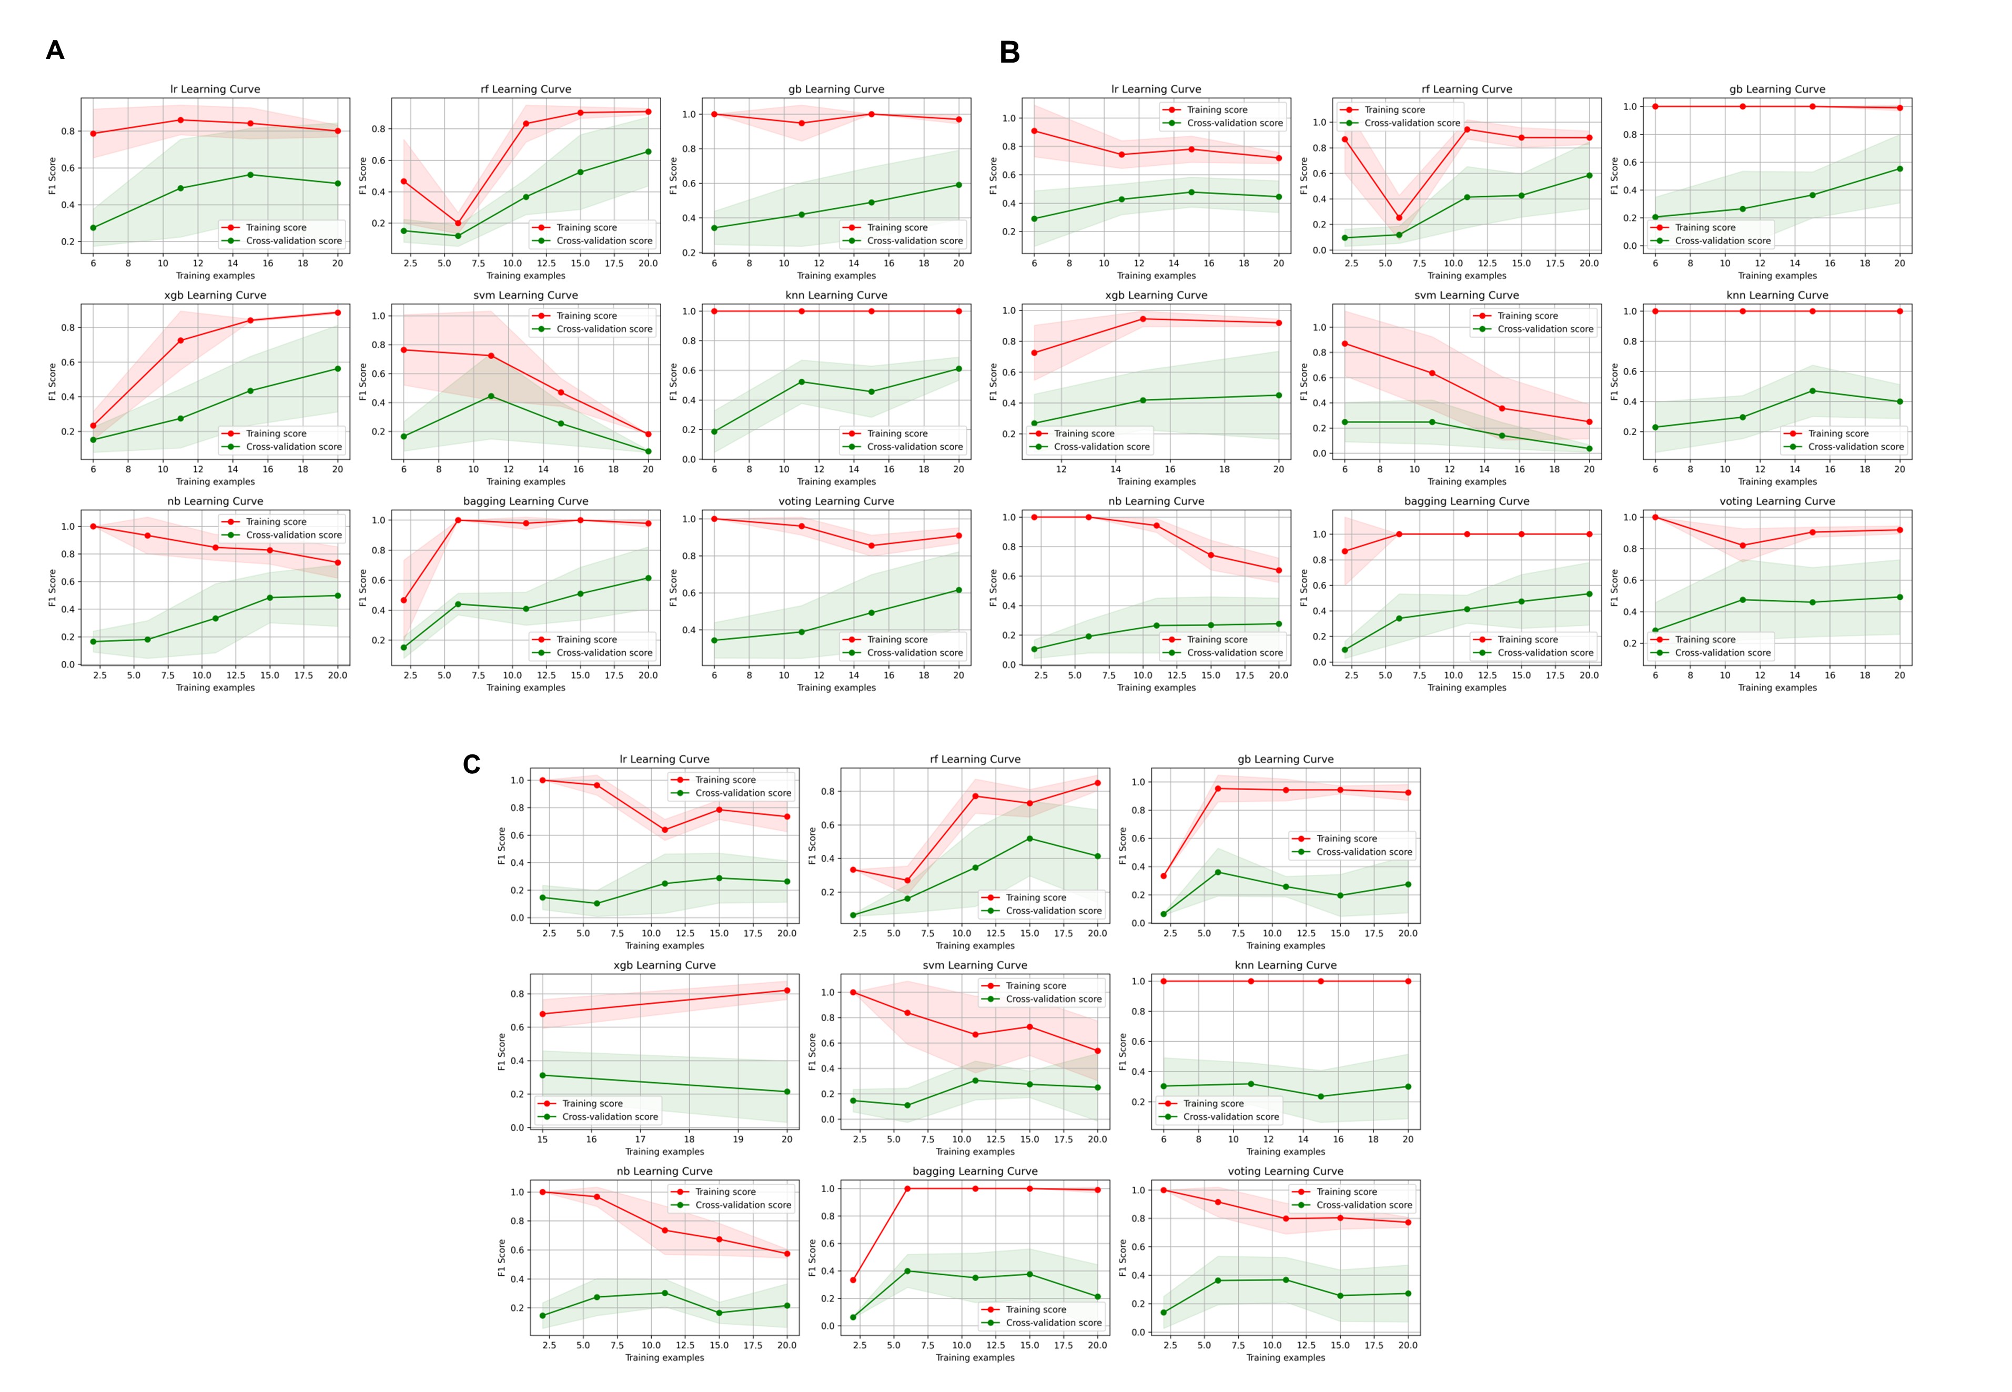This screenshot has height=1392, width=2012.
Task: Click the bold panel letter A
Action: (x=55, y=51)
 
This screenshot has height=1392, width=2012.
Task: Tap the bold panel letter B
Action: (x=1009, y=52)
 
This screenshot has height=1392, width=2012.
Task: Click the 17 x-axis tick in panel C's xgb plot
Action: (x=640, y=1139)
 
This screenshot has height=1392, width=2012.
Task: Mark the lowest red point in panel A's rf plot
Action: (x=458, y=223)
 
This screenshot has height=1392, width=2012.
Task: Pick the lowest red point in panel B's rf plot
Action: (x=1399, y=218)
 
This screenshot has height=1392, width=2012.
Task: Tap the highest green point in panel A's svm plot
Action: (x=491, y=396)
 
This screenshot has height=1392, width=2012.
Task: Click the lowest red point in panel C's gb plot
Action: (x=1164, y=876)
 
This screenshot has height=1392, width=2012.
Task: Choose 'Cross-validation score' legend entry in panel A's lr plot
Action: (x=293, y=241)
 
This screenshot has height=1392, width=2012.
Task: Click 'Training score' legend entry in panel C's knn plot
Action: (x=1213, y=1103)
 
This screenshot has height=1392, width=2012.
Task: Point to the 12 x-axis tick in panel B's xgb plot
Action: (x=1061, y=469)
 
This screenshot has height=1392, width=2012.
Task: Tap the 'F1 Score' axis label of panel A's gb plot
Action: (x=673, y=175)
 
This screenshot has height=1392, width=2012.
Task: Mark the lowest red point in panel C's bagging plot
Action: (x=853, y=1279)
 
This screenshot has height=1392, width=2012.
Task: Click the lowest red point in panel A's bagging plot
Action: (x=404, y=600)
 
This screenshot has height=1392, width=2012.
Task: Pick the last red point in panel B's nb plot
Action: (x=1279, y=570)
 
